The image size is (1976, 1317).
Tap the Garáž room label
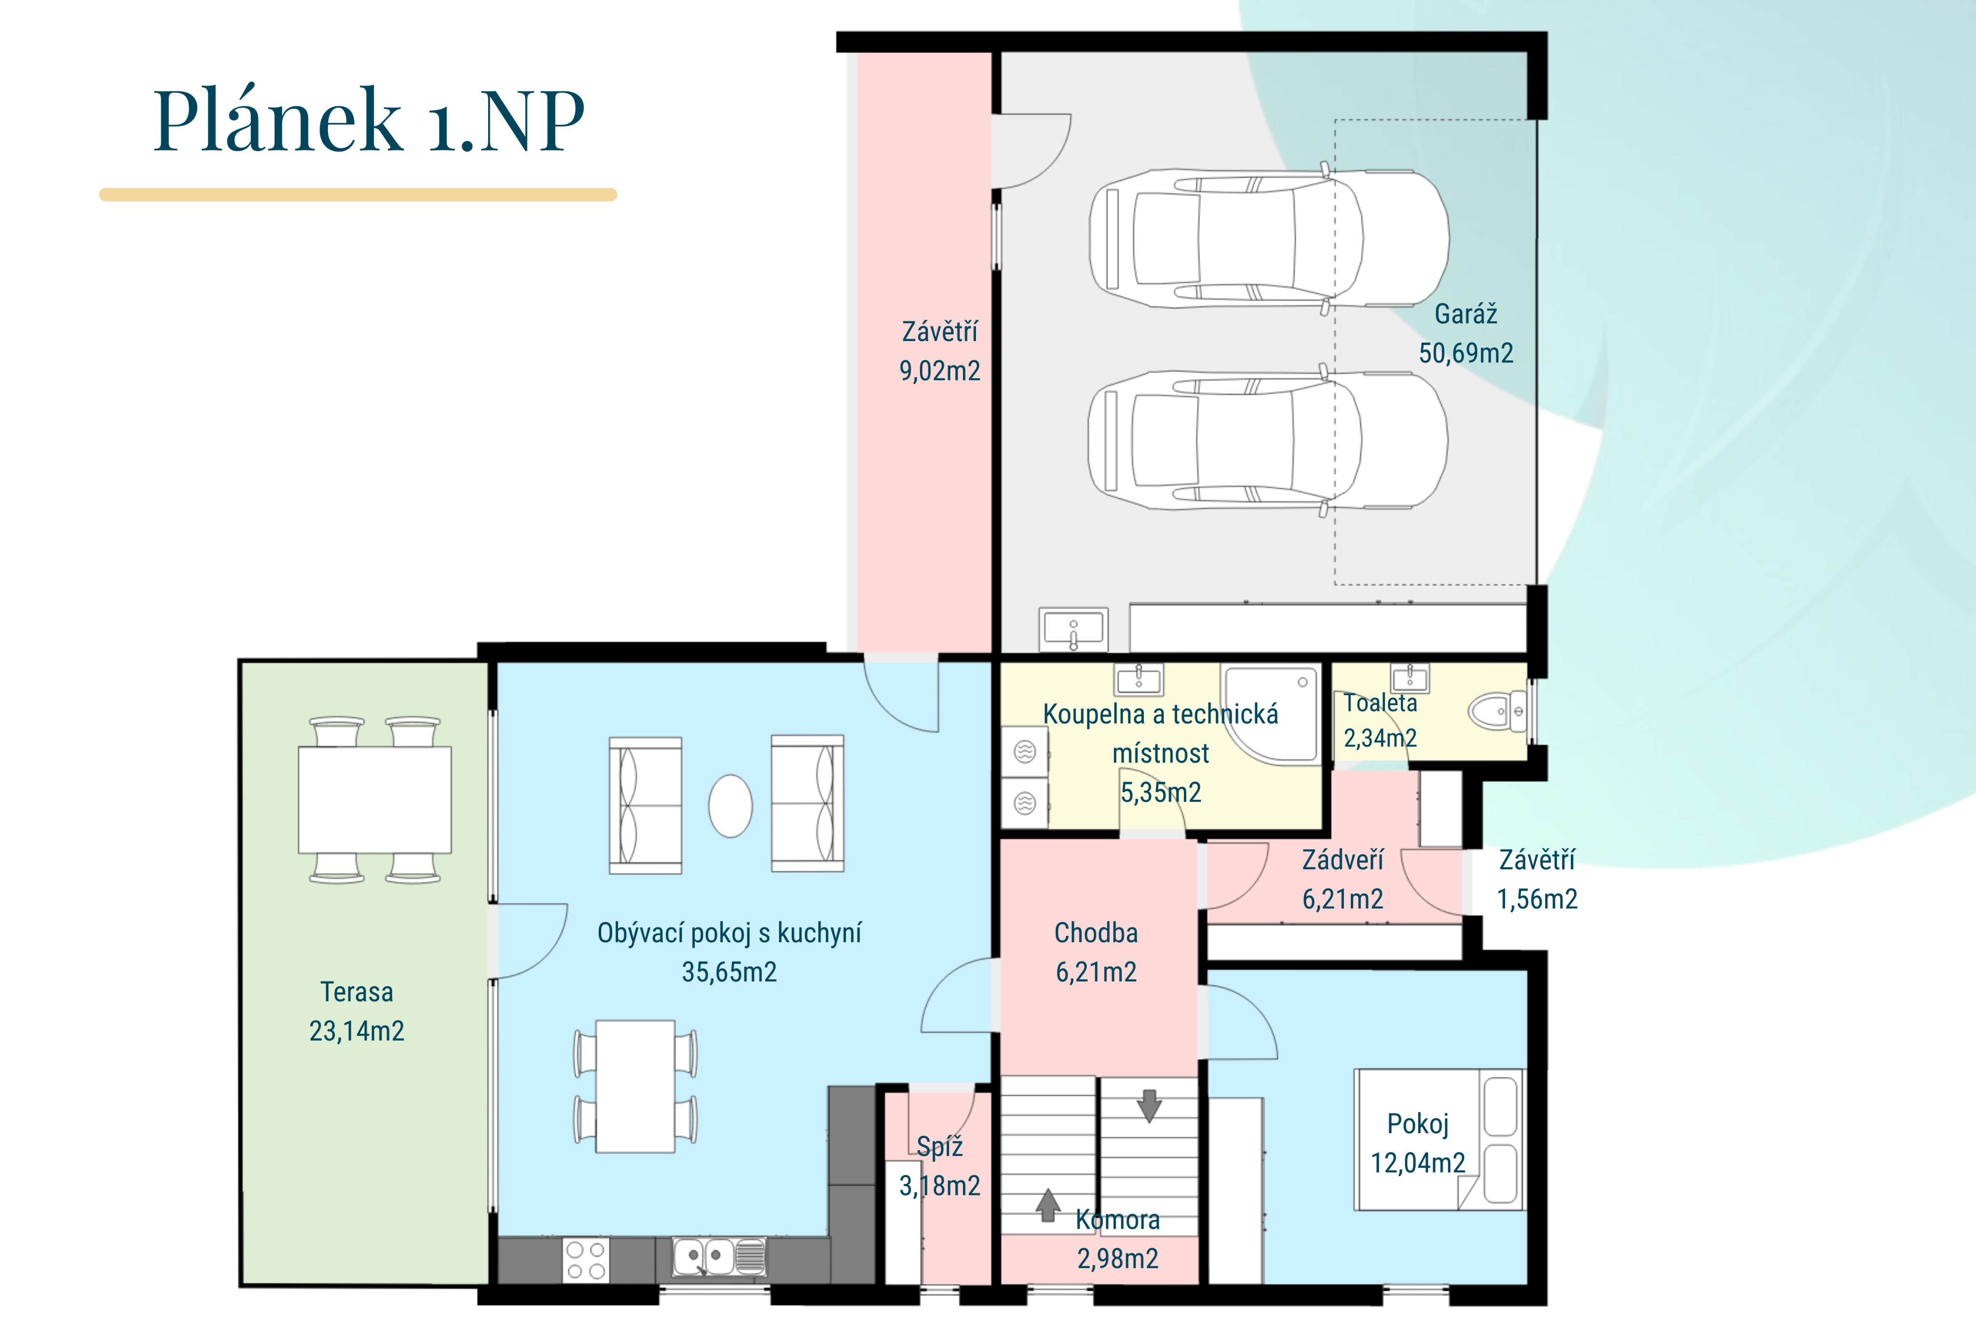1466,313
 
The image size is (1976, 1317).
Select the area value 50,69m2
1466,353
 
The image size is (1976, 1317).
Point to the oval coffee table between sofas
730,806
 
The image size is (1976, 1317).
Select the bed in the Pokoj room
1439,1139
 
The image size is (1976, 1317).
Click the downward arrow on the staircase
1149,1105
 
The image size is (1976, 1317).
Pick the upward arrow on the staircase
1047,1205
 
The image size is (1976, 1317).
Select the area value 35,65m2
729,972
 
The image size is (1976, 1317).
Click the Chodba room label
1096,933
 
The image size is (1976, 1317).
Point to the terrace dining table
374,800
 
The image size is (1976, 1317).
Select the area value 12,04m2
1417,1163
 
